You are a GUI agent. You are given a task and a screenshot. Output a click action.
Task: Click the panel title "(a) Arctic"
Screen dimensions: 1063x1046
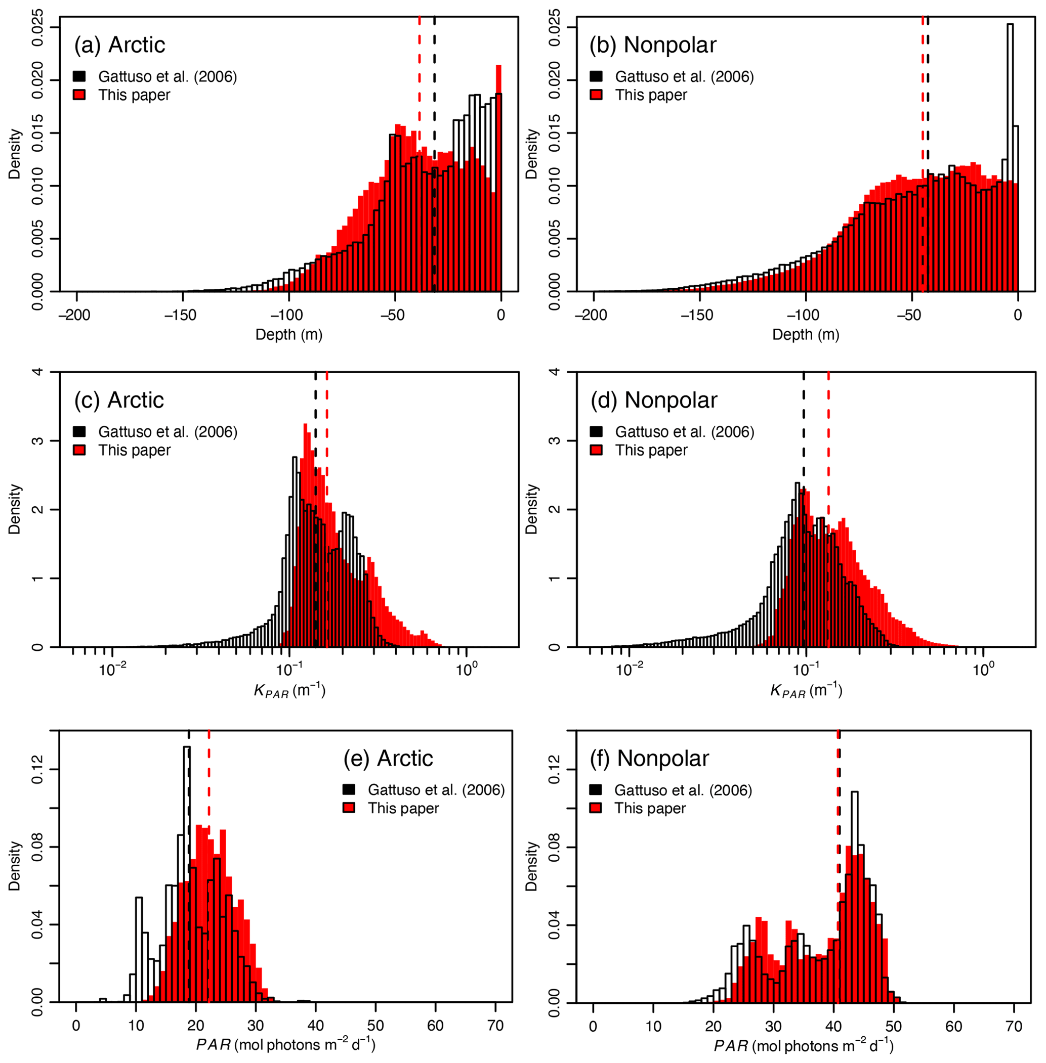click(119, 45)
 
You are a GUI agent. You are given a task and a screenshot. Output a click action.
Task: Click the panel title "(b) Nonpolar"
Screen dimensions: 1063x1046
click(653, 45)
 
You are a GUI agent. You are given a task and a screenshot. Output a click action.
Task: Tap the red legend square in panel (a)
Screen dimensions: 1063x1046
click(79, 95)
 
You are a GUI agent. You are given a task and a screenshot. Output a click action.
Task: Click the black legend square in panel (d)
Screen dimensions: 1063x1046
click(596, 431)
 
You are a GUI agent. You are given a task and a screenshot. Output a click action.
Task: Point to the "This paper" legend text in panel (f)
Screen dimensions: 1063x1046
click(650, 808)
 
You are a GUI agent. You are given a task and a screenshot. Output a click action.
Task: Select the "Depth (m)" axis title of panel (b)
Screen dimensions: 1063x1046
click(806, 334)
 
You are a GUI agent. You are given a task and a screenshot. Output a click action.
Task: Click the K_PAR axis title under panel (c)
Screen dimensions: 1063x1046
click(289, 691)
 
